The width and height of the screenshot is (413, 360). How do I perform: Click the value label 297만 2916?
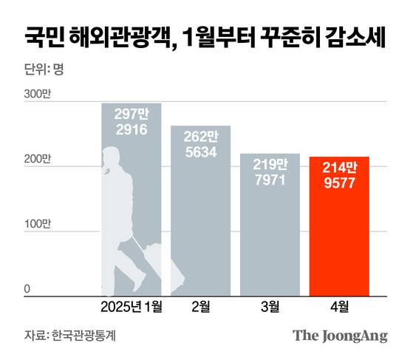click(x=132, y=121)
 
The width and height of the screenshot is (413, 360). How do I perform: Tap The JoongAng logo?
click(x=340, y=335)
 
